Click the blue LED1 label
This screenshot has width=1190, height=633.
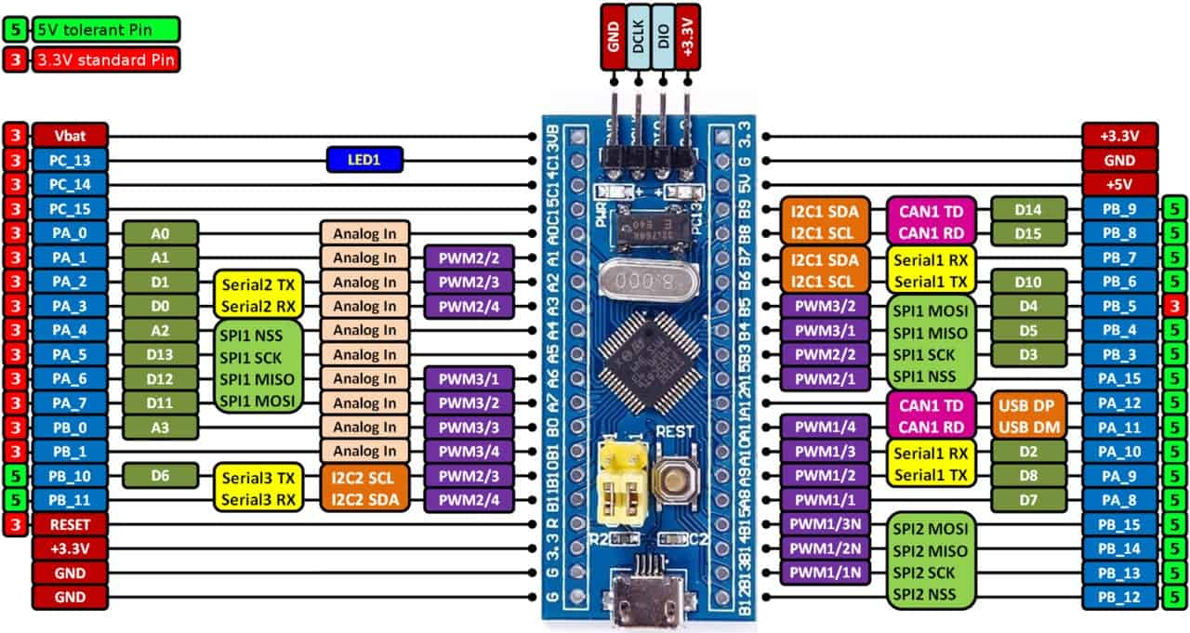[364, 160]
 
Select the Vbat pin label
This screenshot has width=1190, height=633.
[70, 136]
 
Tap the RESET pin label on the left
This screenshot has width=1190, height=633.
[70, 523]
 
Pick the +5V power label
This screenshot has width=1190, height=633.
[1119, 184]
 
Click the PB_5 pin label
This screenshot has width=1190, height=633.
[1119, 305]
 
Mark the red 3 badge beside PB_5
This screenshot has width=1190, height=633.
[1174, 305]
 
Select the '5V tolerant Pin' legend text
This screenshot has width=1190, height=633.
[105, 28]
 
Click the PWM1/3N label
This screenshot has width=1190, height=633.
[825, 523]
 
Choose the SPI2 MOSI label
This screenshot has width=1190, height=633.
[931, 527]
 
